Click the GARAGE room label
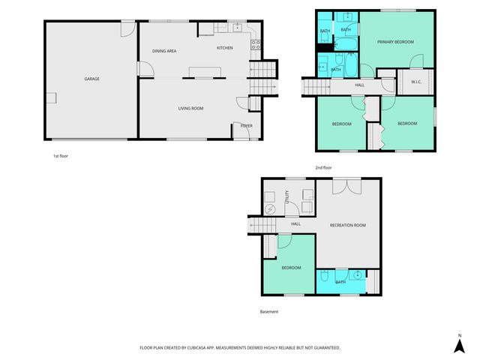click(91, 79)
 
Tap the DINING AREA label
click(164, 51)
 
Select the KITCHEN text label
click(224, 48)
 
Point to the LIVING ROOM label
click(190, 109)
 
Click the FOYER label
click(246, 125)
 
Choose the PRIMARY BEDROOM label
click(395, 42)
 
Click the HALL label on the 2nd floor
click(360, 85)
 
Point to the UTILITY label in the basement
click(286, 197)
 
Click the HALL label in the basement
click(295, 223)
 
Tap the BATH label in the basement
click(340, 282)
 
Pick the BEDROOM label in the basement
click(291, 268)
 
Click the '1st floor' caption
click(61, 156)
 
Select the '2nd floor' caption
click(324, 167)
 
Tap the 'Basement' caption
click(269, 312)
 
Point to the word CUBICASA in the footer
click(208, 348)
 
